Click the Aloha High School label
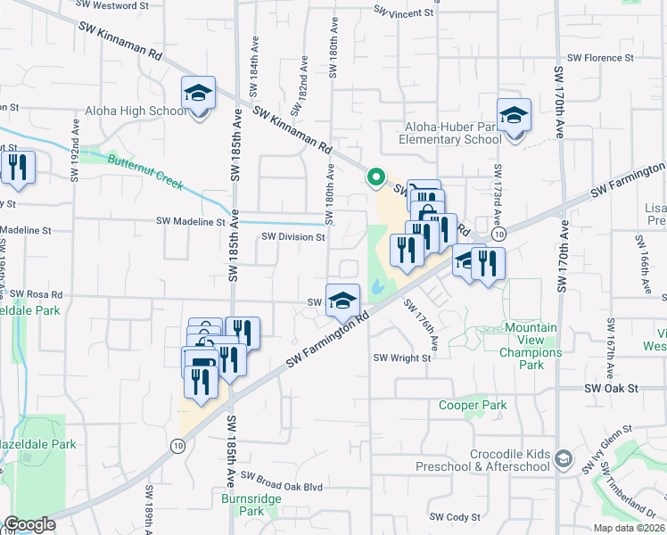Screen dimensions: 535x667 point(136,111)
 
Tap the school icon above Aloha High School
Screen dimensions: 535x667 point(199,92)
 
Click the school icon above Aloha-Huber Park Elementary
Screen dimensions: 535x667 point(514,115)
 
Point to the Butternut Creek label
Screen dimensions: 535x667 point(145,172)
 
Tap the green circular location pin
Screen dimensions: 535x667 point(375,178)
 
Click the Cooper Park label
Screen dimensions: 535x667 point(473,405)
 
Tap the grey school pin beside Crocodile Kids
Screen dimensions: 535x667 point(563,459)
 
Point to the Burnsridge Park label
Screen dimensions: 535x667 point(242,505)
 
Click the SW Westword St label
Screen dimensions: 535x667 point(113,5)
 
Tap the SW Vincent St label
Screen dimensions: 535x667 point(403,13)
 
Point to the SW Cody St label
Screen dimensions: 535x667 point(454,516)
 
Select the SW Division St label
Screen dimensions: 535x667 point(292,237)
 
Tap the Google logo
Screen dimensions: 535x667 point(29,524)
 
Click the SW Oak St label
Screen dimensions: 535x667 point(612,389)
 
